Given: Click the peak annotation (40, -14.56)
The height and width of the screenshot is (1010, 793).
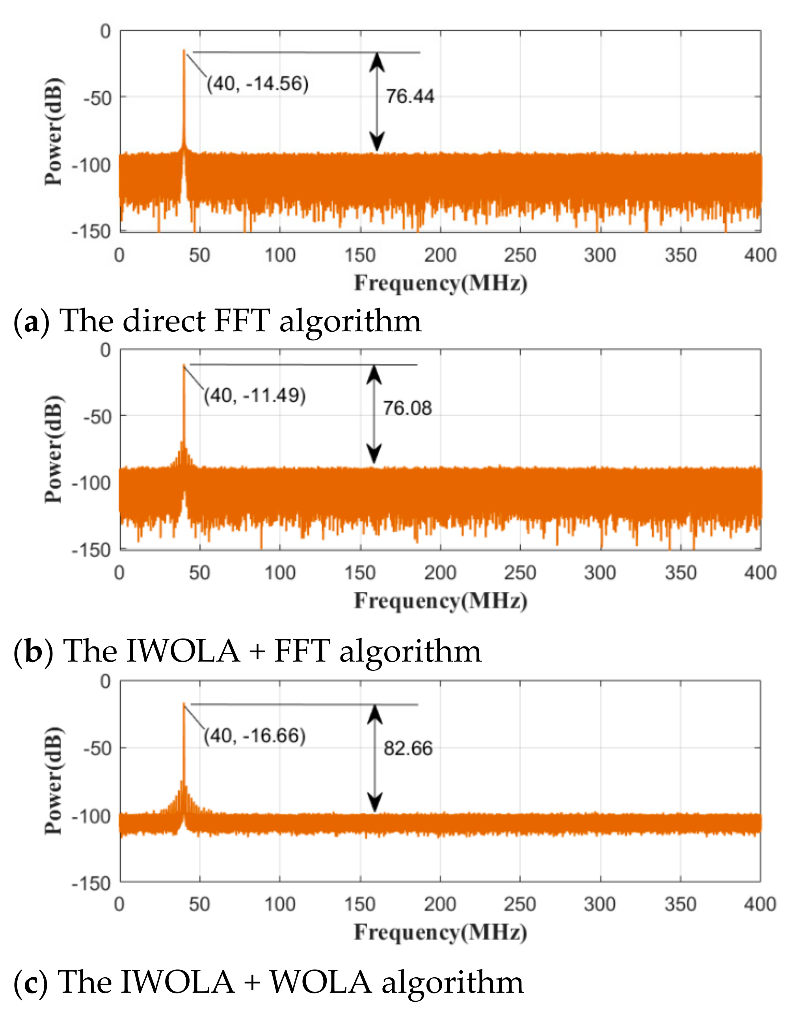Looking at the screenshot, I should point(258,84).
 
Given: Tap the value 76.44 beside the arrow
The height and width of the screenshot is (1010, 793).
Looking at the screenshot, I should point(410,97).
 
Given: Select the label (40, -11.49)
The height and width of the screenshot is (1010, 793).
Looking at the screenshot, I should point(255,396).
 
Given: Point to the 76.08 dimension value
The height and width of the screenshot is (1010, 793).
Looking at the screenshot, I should point(407,408).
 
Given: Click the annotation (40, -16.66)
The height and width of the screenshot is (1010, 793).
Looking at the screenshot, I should point(255,736).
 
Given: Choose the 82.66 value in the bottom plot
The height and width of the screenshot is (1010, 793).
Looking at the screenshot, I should point(408,748).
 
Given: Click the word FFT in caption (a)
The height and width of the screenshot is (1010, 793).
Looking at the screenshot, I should point(242,321).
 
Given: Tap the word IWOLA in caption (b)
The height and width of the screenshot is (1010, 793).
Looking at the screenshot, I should point(183,650).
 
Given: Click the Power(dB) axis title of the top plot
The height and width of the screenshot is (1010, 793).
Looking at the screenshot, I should point(53,132).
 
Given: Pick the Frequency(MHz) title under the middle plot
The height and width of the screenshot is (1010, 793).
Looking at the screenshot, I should point(441,601).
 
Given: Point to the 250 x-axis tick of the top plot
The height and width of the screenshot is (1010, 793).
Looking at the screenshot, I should point(520,256).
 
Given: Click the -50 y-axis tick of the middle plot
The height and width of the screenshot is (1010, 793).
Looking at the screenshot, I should point(97,416).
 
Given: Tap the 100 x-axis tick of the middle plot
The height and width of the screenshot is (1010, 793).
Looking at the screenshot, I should point(280,573).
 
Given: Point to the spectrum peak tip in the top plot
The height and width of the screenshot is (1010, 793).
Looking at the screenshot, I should point(184,50).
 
